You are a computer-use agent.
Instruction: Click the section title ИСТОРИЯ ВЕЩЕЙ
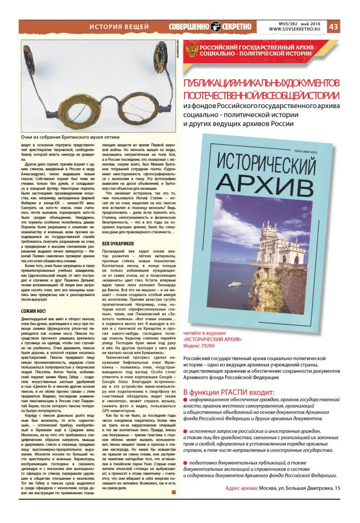coord(119,27)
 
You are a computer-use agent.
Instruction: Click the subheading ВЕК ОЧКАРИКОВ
coord(121,242)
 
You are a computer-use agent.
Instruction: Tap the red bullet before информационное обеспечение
coord(185,400)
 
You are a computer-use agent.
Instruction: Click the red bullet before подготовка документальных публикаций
coord(185,462)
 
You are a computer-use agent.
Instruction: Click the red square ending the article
coord(174,492)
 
